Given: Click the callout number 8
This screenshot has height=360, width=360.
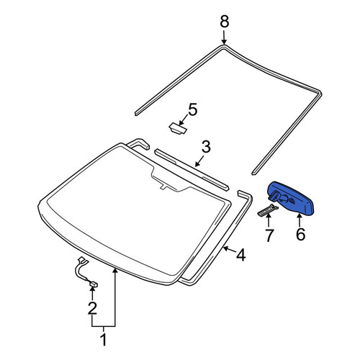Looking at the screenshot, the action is coord(225,22).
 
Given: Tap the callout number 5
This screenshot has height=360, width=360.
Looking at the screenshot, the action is coord(193,109).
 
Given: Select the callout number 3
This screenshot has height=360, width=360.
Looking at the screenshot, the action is coord(206,147).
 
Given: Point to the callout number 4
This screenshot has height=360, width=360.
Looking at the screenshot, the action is coord(240,255).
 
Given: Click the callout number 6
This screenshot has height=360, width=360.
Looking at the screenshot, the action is coord(300,234).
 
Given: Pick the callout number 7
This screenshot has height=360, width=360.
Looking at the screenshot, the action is coord(269,235).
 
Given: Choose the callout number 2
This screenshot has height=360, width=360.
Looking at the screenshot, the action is coord(92,308).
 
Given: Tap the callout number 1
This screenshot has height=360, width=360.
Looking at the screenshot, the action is coord(104,339).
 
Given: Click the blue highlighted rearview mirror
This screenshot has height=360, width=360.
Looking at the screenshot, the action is coord(291,198).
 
